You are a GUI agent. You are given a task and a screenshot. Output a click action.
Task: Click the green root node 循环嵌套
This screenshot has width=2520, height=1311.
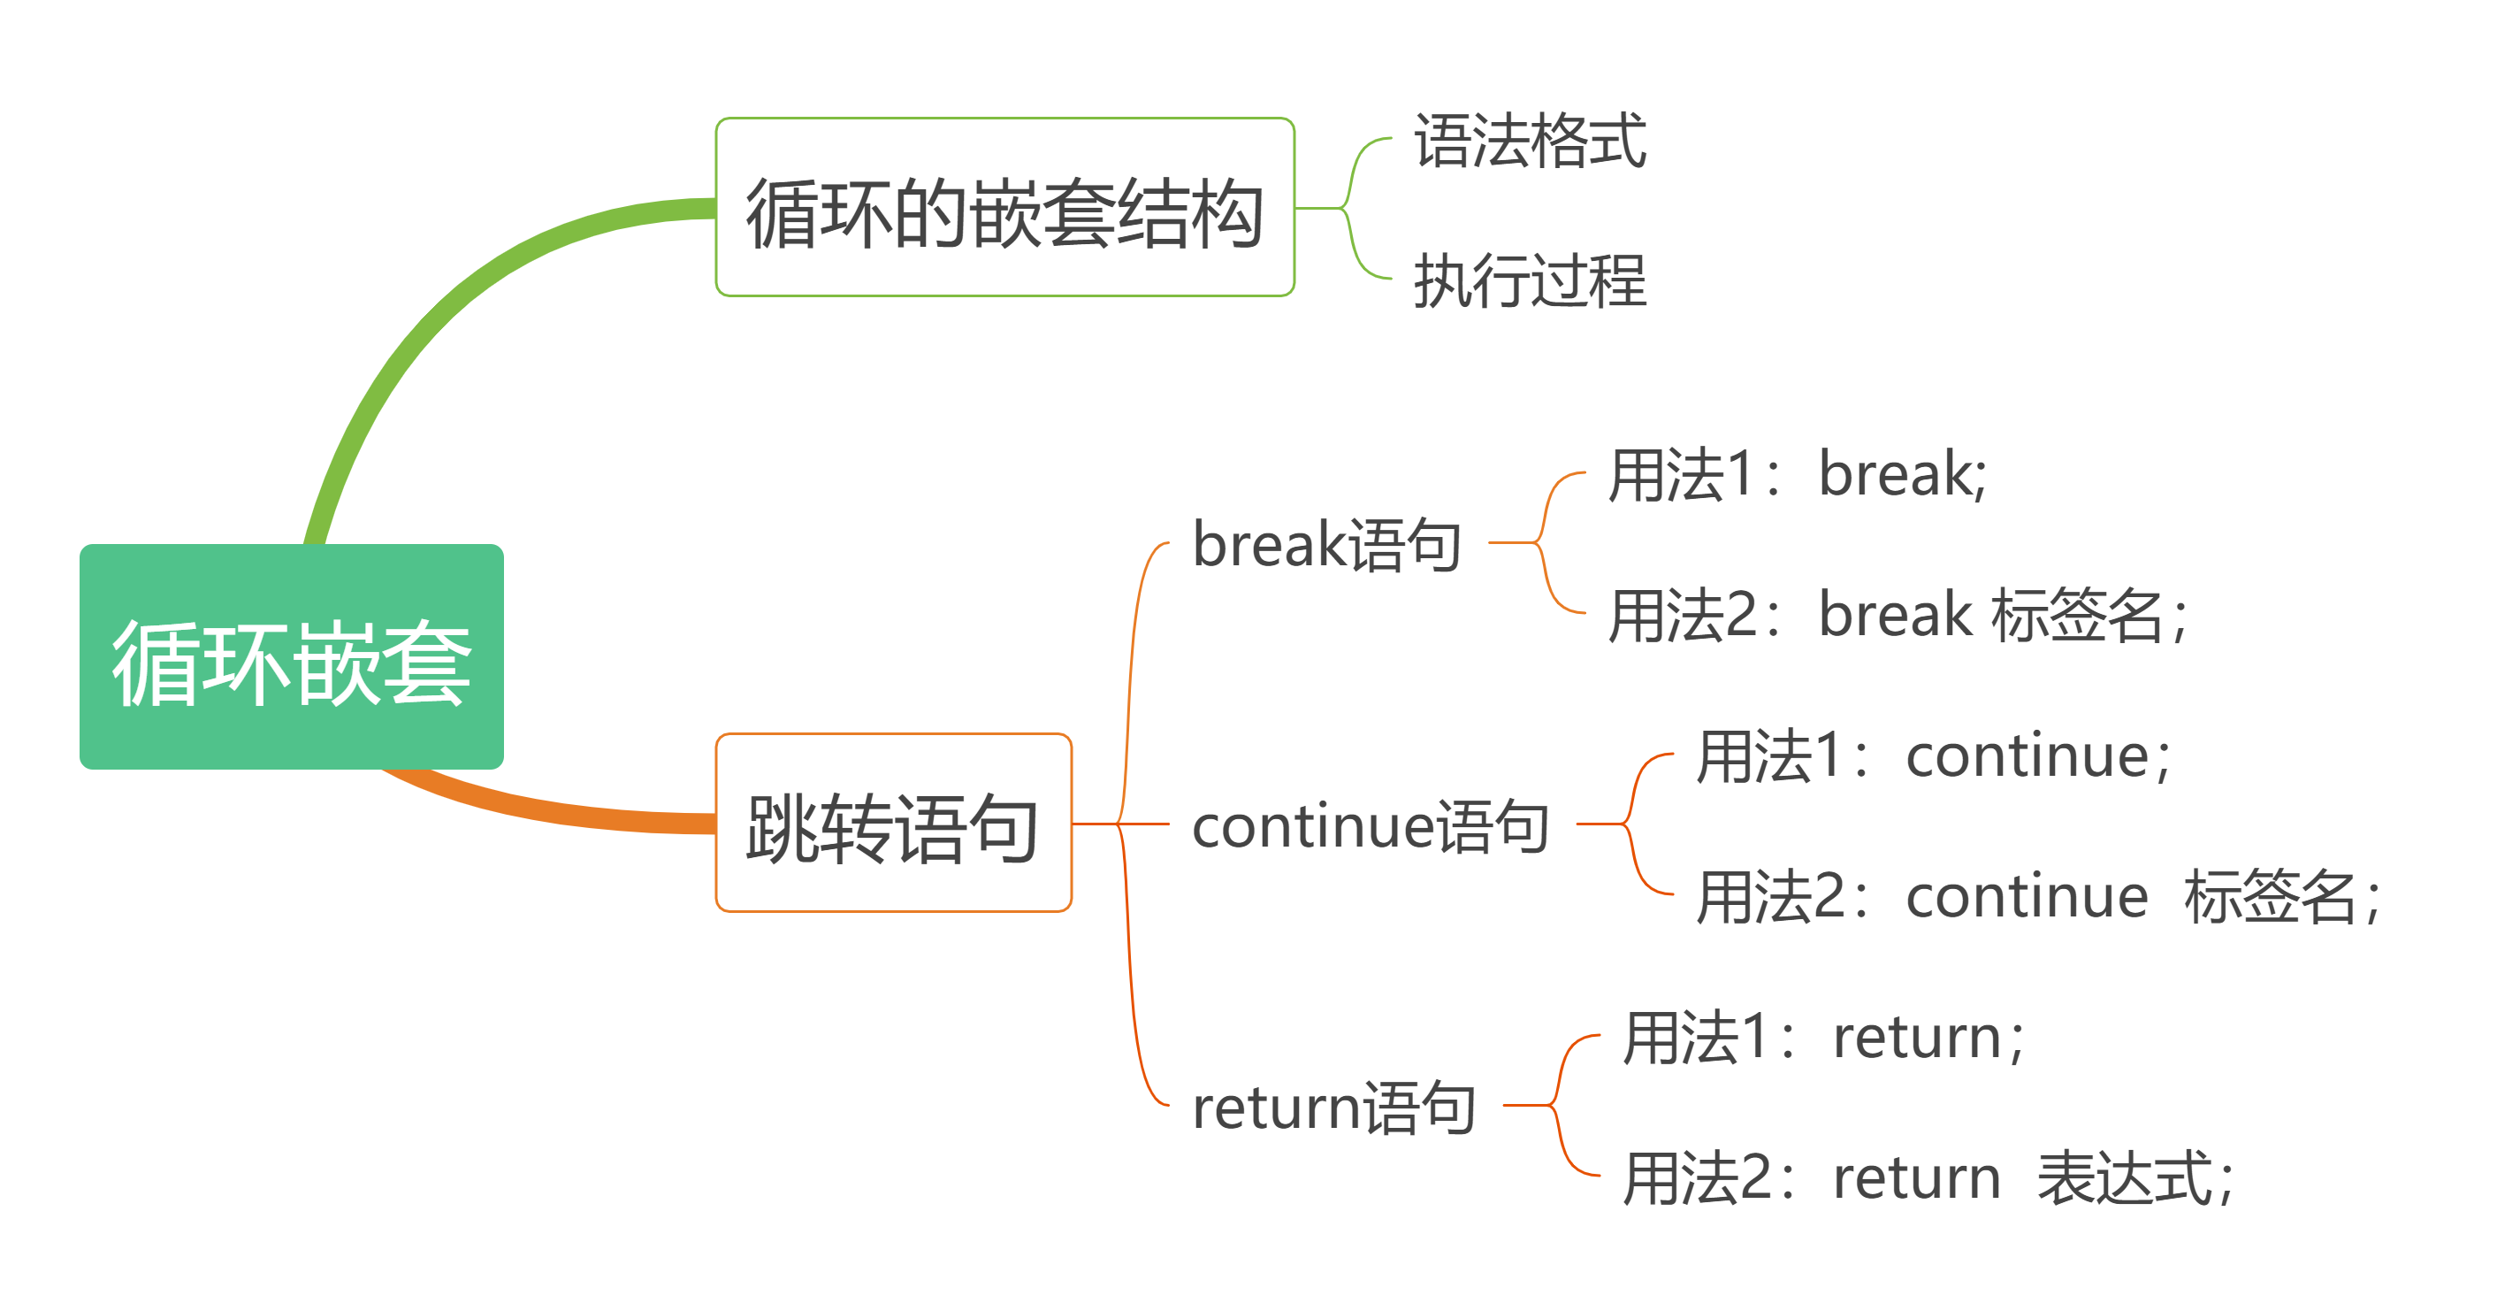pos(292,656)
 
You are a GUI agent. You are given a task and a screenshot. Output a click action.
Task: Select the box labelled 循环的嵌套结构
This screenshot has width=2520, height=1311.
pos(1004,207)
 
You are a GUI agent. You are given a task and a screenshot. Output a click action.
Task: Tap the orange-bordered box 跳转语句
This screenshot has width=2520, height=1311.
pos(893,823)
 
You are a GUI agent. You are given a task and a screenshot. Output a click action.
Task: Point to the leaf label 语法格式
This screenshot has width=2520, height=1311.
pos(1530,141)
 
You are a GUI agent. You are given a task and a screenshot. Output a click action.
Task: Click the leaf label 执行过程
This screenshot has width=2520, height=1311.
pos(1530,280)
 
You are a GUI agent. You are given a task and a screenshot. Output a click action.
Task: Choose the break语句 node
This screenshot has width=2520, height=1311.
pos(1327,544)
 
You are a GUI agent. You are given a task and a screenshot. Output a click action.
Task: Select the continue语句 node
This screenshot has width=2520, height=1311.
pos(1371,825)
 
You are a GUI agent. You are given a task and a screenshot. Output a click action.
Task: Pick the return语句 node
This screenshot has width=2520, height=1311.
pos(1334,1107)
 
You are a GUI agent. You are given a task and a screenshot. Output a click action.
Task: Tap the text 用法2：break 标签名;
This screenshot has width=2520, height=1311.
pos(1898,616)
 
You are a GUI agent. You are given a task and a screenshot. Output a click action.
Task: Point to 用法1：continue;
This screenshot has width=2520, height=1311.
pos(1933,756)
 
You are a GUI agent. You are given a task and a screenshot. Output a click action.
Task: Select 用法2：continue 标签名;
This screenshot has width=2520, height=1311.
pos(2039,896)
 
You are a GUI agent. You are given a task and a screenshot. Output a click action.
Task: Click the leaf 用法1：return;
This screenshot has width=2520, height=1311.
pos(1823,1037)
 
